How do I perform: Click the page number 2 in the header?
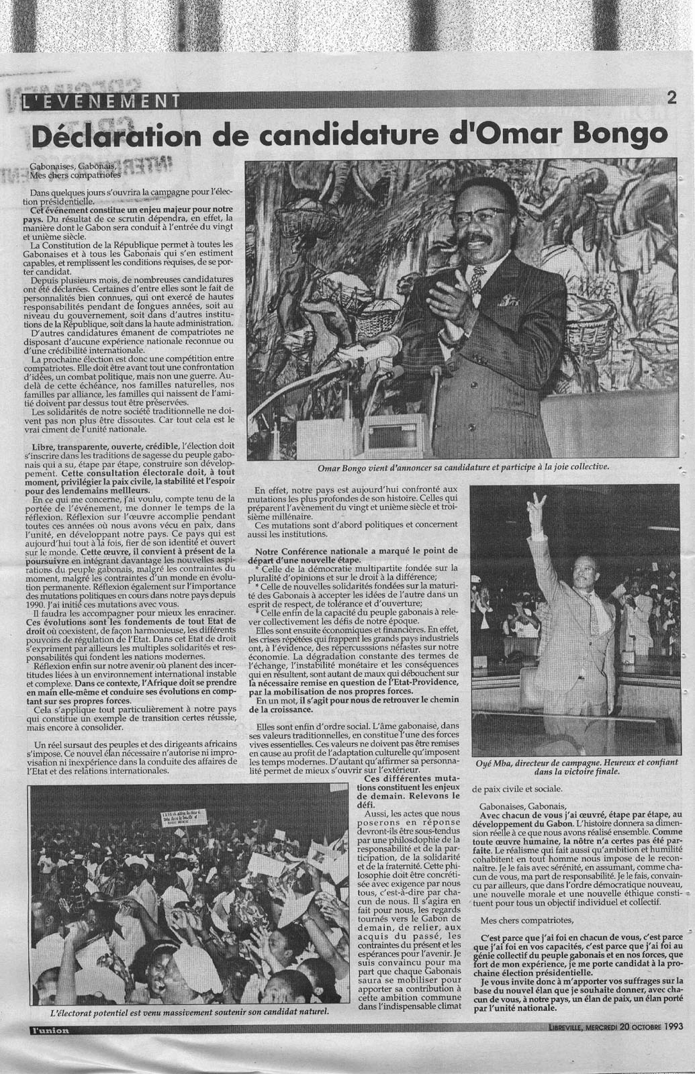671,97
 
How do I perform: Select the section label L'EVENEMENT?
101,102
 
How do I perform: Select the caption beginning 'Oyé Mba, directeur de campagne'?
576,767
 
